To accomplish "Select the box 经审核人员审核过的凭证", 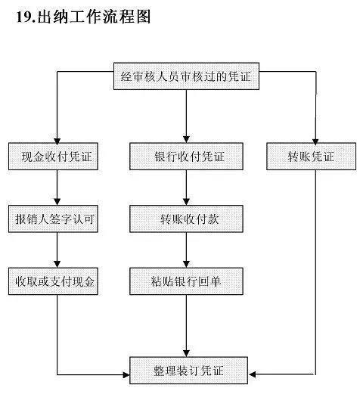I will pos(185,76).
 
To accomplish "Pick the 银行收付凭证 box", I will pos(185,157).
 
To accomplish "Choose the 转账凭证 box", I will pos(311,157).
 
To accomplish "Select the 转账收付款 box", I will pos(185,219).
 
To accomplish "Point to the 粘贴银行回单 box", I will pos(185,281).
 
